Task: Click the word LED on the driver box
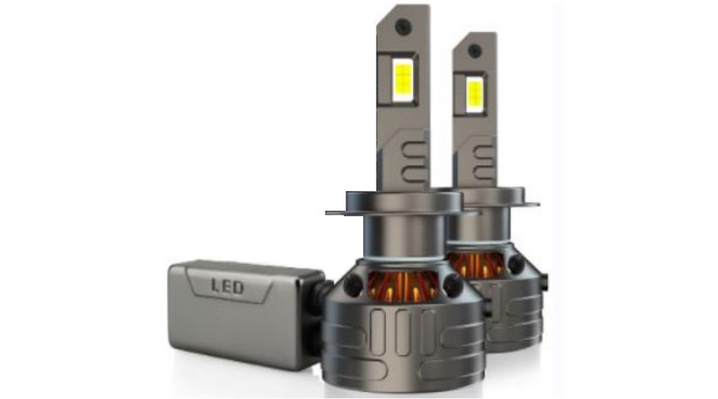point(227,287)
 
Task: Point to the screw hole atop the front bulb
point(404,26)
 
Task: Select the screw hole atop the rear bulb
point(475,50)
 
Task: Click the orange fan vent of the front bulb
point(403,286)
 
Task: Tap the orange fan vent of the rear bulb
point(477,264)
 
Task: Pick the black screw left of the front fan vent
point(353,285)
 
